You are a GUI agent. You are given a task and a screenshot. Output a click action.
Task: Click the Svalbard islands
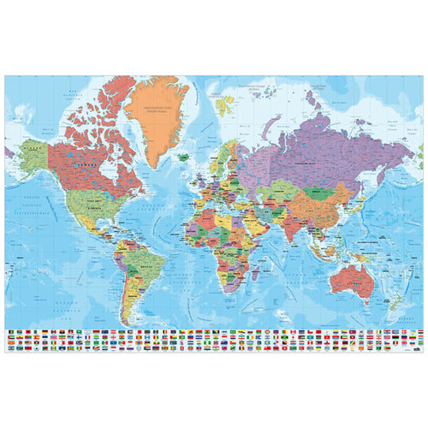point(226,104)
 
